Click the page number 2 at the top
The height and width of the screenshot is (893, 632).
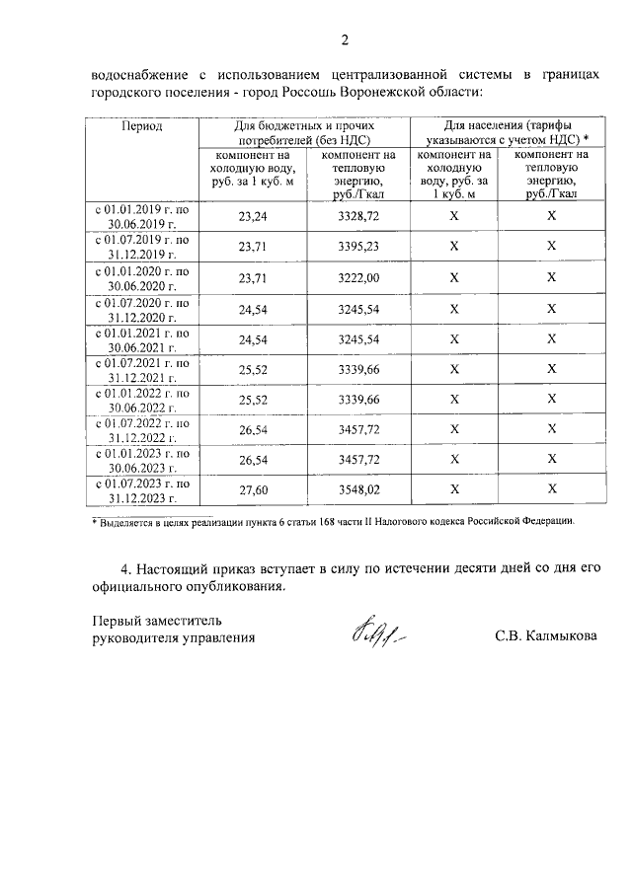click(x=345, y=40)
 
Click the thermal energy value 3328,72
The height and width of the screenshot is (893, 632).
click(x=357, y=216)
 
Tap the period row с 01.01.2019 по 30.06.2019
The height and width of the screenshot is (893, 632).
click(x=142, y=217)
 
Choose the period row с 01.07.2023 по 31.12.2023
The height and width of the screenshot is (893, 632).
click(x=142, y=490)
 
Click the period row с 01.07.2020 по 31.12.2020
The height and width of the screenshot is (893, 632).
click(x=142, y=309)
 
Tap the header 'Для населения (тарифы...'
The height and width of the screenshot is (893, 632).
click(x=506, y=132)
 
